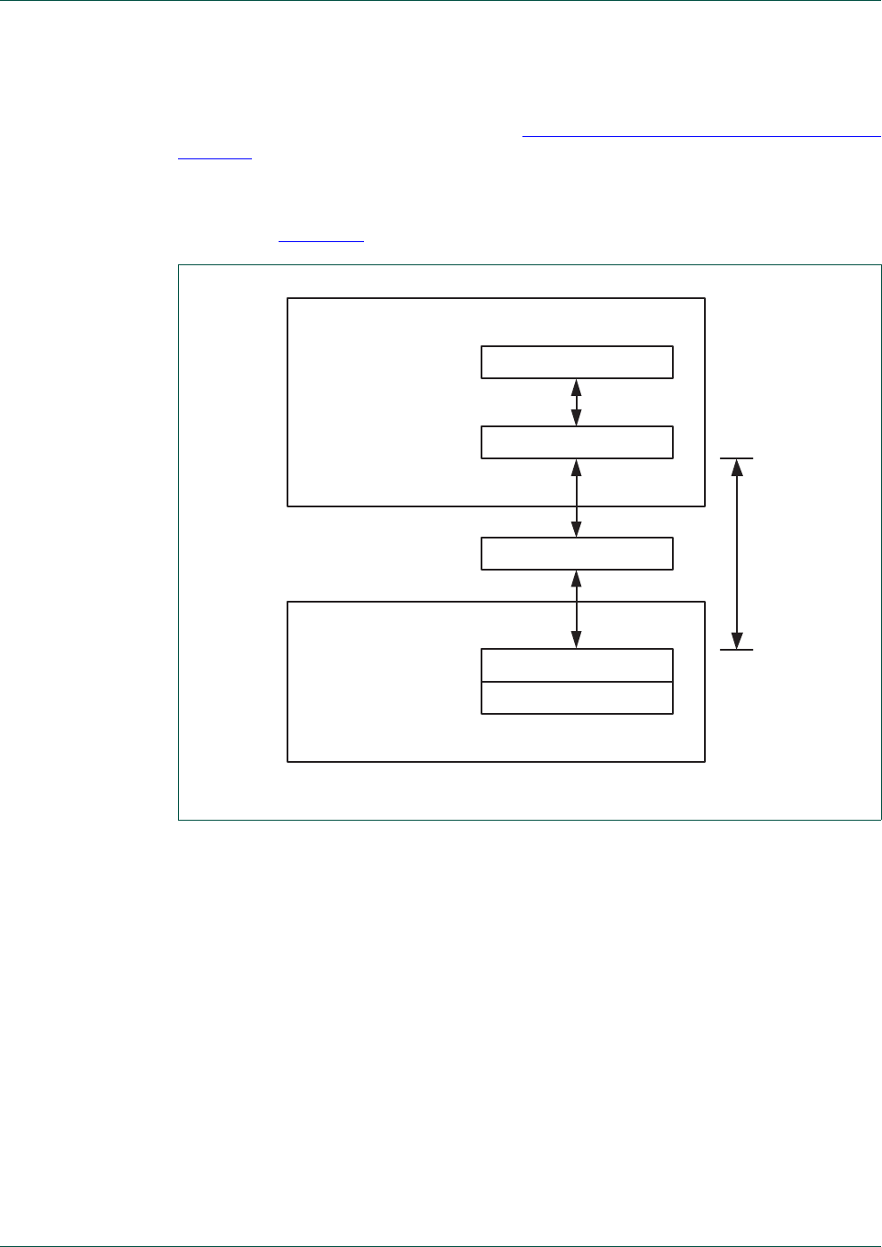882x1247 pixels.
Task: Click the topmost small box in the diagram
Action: pyautogui.click(x=577, y=362)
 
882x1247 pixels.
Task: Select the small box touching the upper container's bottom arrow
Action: pyautogui.click(x=577, y=442)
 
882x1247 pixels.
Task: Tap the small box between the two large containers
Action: pyautogui.click(x=577, y=554)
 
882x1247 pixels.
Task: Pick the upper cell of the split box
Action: pyautogui.click(x=577, y=666)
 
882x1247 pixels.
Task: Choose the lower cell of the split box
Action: pyautogui.click(x=577, y=698)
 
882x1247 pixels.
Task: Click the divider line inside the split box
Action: pyautogui.click(x=577, y=682)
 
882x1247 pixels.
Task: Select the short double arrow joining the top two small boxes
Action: pyautogui.click(x=577, y=402)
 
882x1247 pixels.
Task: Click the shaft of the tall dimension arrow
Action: pyautogui.click(x=737, y=554)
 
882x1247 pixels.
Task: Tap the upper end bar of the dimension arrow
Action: pyautogui.click(x=737, y=458)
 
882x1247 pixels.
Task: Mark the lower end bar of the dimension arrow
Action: pyautogui.click(x=737, y=650)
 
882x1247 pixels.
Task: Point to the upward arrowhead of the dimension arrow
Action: pyautogui.click(x=737, y=466)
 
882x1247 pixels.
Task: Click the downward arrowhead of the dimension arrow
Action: pyautogui.click(x=737, y=641)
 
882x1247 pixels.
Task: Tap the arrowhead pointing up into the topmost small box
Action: pyautogui.click(x=577, y=387)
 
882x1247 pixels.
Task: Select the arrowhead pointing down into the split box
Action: pyautogui.click(x=577, y=640)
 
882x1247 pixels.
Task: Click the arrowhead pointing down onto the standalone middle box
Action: pyautogui.click(x=577, y=529)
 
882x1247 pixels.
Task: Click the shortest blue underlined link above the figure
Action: pyautogui.click(x=214, y=160)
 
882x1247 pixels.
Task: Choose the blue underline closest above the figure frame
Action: pyautogui.click(x=321, y=241)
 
